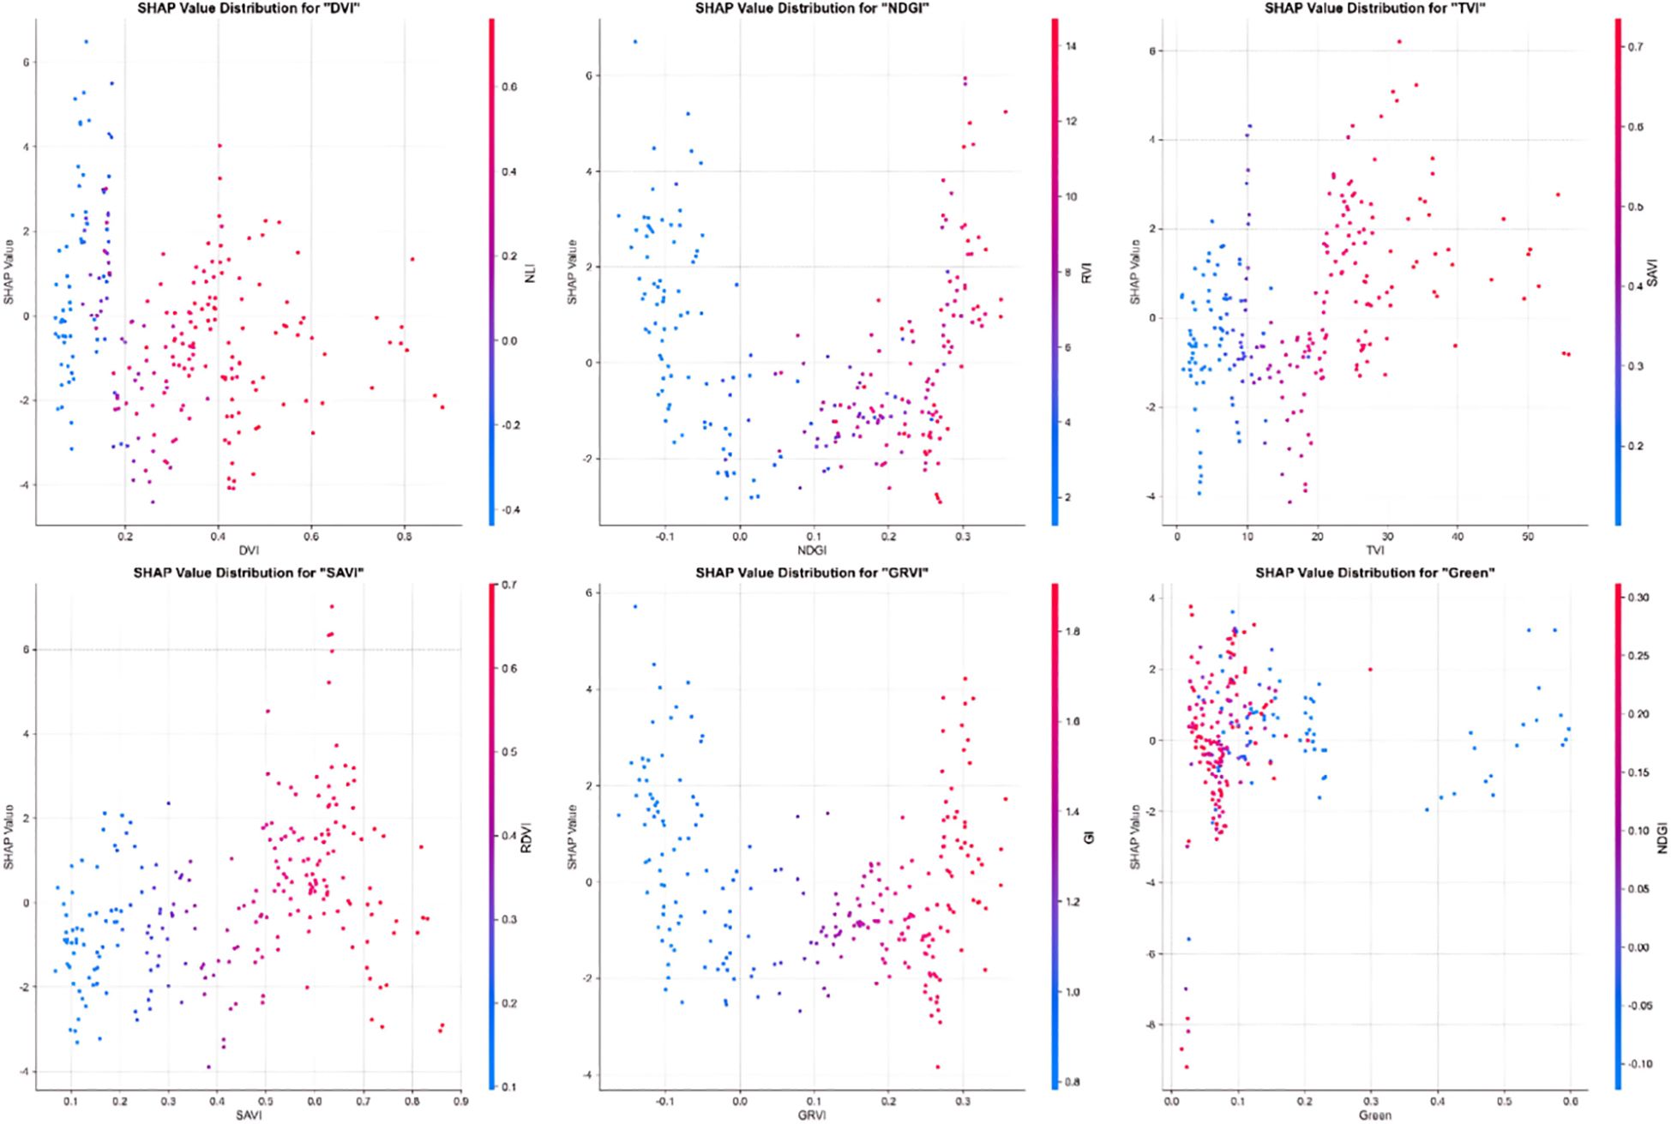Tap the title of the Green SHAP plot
coord(1375,572)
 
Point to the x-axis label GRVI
coord(811,1115)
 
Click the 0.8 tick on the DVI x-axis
coord(403,538)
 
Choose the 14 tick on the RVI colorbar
coord(1069,47)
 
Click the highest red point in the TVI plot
coord(1399,41)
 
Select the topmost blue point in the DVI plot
coord(86,41)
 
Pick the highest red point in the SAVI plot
coord(331,606)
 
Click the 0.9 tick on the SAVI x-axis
coord(461,1102)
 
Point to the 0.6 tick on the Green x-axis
coord(1570,1102)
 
